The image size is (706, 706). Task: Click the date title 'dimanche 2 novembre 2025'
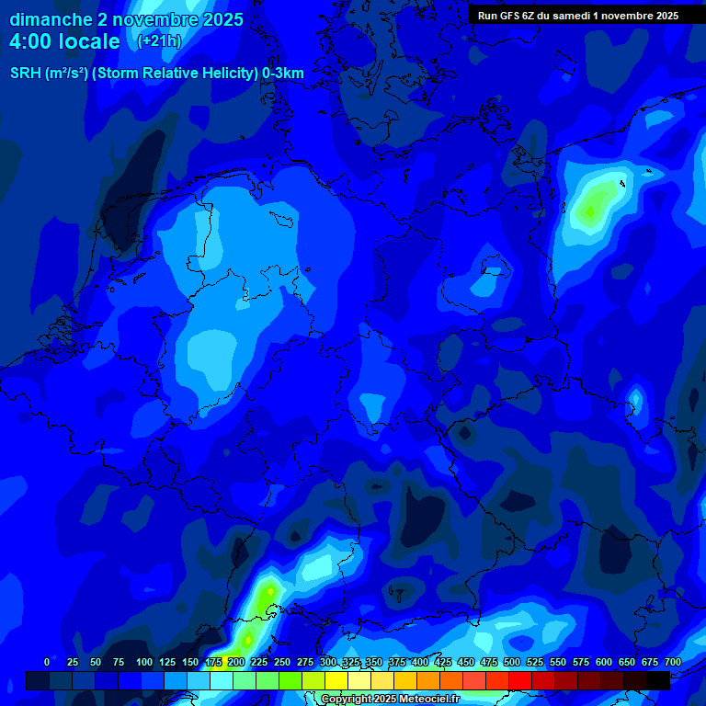[126, 19]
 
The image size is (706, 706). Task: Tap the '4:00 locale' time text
[64, 41]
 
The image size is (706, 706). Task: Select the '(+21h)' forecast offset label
[159, 41]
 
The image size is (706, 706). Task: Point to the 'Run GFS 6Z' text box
[578, 15]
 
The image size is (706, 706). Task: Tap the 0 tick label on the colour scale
[47, 662]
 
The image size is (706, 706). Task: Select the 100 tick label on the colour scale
[144, 662]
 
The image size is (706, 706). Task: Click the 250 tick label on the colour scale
[282, 662]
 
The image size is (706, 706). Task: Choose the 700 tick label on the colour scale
[673, 662]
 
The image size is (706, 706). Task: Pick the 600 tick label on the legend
[604, 662]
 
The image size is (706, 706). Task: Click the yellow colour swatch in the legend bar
[336, 680]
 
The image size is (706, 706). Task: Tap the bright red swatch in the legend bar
[520, 680]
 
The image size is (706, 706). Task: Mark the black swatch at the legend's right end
[658, 680]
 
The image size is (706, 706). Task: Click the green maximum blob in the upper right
[592, 206]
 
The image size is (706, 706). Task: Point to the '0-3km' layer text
[282, 74]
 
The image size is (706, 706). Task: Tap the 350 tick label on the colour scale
[374, 662]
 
